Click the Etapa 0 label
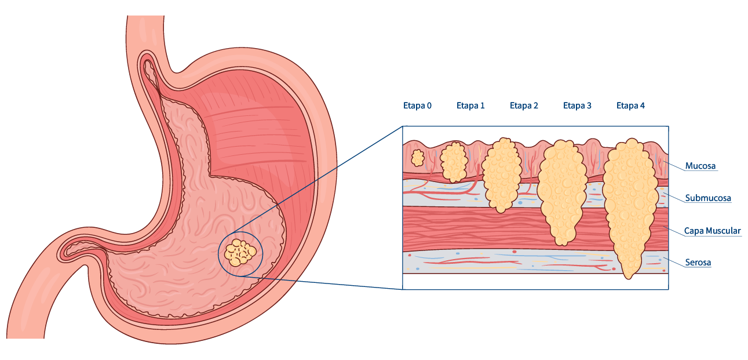click(x=417, y=106)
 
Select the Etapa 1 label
click(x=470, y=106)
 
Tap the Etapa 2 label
click(x=524, y=106)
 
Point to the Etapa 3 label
click(x=577, y=106)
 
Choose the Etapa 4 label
click(x=630, y=106)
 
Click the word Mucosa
click(x=700, y=166)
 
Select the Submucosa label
click(x=708, y=198)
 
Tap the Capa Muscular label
click(x=713, y=231)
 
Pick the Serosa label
click(x=698, y=263)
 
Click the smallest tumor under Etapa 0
click(x=417, y=158)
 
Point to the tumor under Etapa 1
click(x=454, y=162)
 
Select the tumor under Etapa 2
click(x=502, y=174)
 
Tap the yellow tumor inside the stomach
click(x=240, y=253)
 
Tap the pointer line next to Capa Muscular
click(x=675, y=230)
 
